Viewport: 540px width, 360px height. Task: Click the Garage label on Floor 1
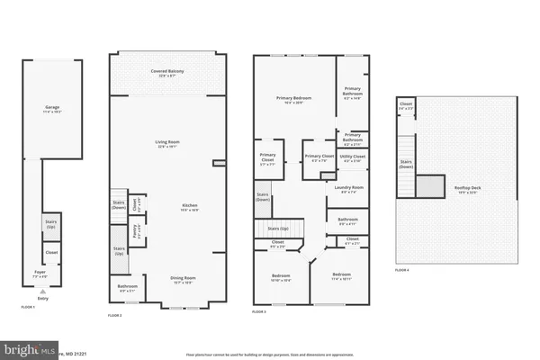point(52,108)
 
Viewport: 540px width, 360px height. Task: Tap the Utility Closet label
point(352,158)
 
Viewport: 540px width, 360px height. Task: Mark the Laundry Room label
point(348,189)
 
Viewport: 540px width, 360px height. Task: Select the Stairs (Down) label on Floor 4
point(405,165)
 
